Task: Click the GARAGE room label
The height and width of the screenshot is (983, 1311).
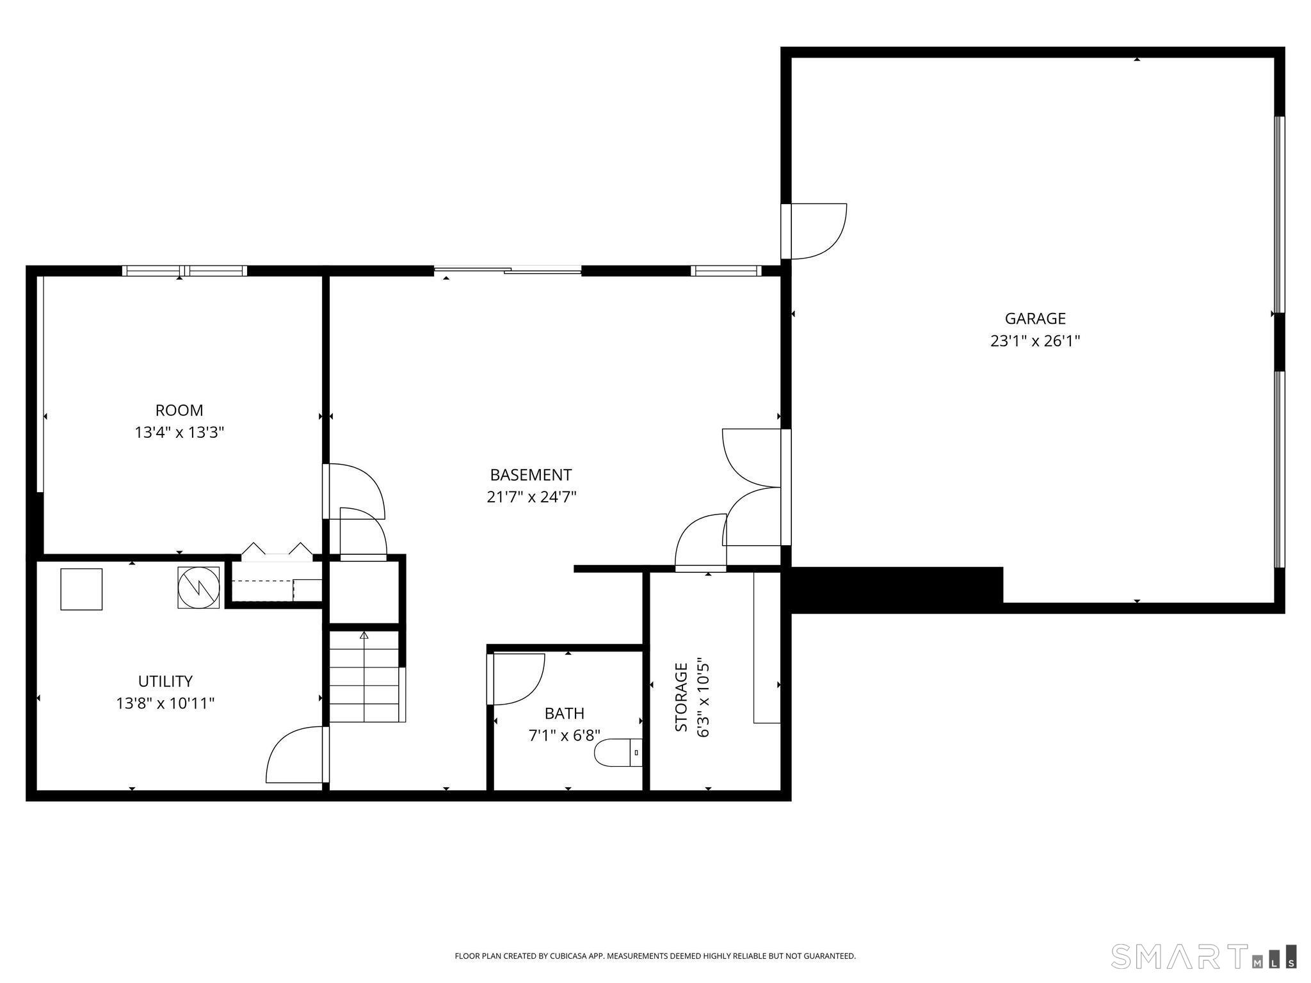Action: [x=1035, y=318]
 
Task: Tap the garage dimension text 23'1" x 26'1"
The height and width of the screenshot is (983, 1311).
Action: [x=1035, y=340]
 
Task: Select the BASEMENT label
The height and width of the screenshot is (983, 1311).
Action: [x=531, y=475]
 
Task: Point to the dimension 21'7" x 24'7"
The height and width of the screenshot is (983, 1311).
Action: [x=531, y=497]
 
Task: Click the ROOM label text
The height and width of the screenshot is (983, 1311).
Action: [x=179, y=410]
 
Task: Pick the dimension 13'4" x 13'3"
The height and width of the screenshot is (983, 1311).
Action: [x=179, y=433]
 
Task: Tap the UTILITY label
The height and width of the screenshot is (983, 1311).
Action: [x=165, y=681]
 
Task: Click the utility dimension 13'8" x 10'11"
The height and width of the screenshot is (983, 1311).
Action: [x=165, y=703]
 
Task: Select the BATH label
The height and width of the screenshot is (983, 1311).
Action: [x=565, y=713]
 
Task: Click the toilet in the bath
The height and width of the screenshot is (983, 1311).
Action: [x=618, y=753]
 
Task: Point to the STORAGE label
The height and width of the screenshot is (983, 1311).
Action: [x=681, y=697]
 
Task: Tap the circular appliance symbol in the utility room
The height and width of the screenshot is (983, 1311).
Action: [x=198, y=587]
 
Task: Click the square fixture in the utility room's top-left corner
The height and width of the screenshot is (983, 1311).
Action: [x=81, y=589]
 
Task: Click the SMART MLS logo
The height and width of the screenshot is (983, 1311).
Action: [x=1204, y=956]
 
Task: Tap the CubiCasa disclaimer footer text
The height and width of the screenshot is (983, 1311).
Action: [x=655, y=956]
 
